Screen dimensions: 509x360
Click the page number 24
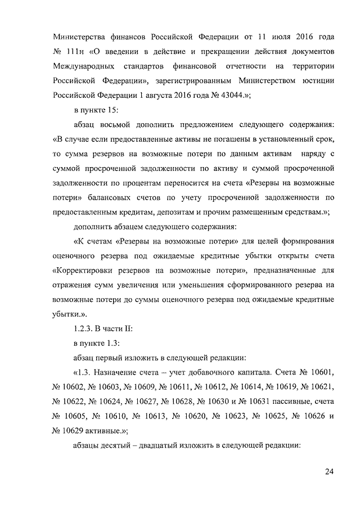pyautogui.click(x=329, y=471)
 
